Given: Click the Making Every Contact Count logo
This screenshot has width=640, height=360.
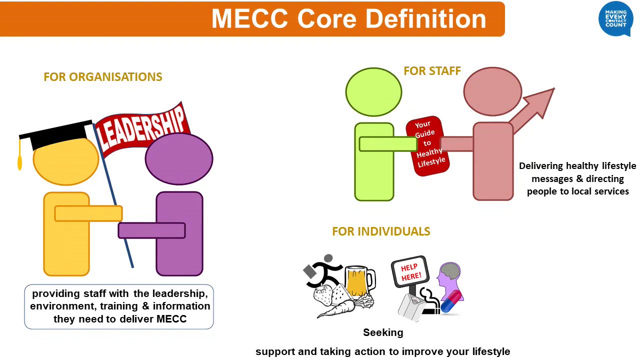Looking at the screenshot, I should point(615,19).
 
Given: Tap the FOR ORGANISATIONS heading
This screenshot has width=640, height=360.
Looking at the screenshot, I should point(103,77).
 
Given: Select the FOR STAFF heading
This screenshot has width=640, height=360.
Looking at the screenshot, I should point(432,71).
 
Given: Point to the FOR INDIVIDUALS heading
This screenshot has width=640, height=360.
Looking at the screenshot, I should point(381,231).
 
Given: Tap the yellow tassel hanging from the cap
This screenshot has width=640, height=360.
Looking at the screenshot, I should point(20,161).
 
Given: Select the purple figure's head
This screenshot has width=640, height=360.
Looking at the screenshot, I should point(178,158).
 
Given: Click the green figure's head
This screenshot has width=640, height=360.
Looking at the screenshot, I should point(373,92).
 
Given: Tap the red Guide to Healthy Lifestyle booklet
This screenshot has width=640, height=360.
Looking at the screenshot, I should point(428,145).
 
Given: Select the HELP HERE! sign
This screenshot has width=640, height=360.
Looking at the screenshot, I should point(410,272).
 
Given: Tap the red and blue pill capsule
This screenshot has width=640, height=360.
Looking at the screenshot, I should point(451,303).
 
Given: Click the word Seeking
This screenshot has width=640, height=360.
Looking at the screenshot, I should point(383,332).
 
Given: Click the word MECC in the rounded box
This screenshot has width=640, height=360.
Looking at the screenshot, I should point(171,319).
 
